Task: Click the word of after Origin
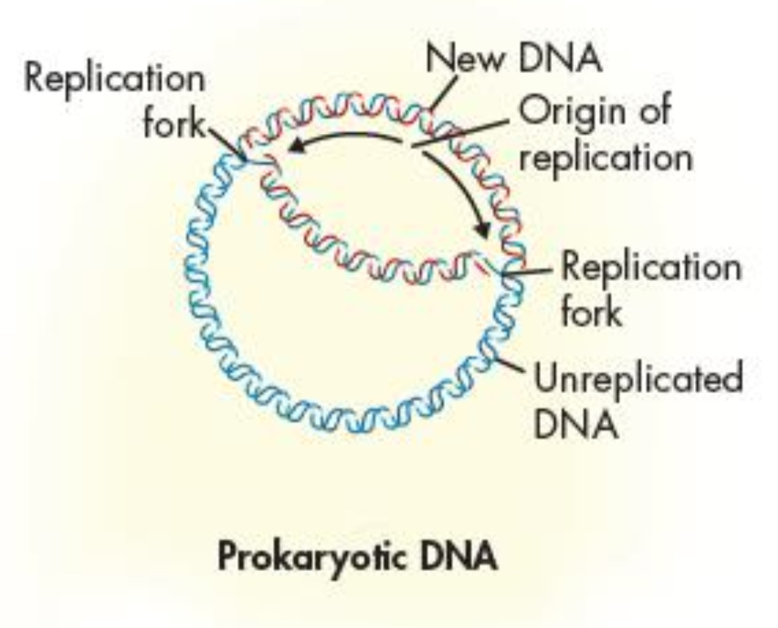point(651,111)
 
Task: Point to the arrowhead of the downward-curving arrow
point(483,231)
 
